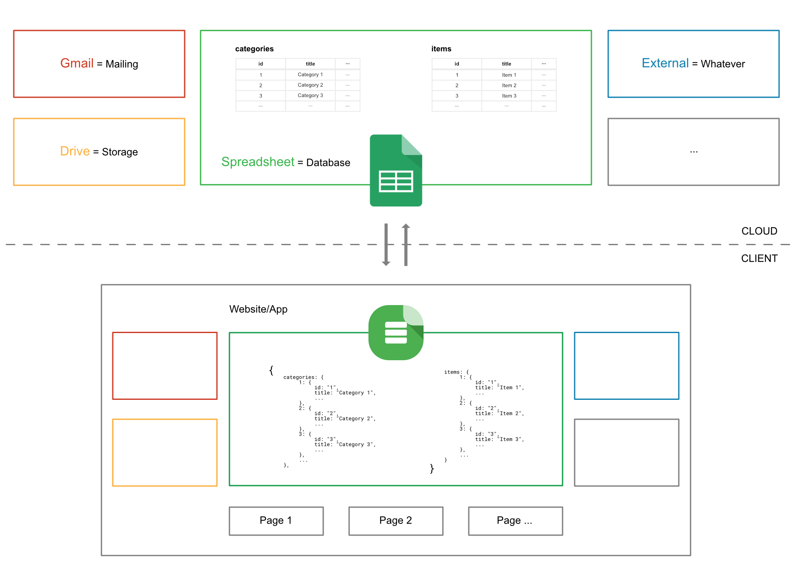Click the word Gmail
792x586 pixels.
(77, 63)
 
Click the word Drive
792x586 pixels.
(75, 151)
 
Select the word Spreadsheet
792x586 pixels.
(257, 162)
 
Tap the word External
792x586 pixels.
(665, 63)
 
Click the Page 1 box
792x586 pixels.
(276, 521)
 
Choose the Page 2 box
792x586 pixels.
(396, 521)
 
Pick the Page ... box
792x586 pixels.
(515, 521)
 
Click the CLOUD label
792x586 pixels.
(759, 231)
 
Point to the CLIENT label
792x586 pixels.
(759, 258)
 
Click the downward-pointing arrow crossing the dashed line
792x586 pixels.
(386, 244)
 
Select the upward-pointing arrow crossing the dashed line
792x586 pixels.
(406, 244)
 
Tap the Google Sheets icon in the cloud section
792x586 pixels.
(396, 170)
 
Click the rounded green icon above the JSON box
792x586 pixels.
(396, 332)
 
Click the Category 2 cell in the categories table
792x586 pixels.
(310, 85)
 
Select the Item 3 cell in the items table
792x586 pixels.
(509, 96)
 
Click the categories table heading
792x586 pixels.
(254, 49)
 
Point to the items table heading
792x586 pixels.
(441, 49)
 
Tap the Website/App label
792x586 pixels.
(258, 309)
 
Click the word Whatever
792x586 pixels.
(723, 64)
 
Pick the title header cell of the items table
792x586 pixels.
(506, 64)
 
